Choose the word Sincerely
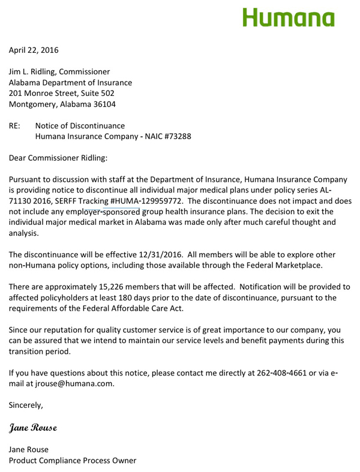25,405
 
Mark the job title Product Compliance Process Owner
72,461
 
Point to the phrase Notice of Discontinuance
80,126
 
